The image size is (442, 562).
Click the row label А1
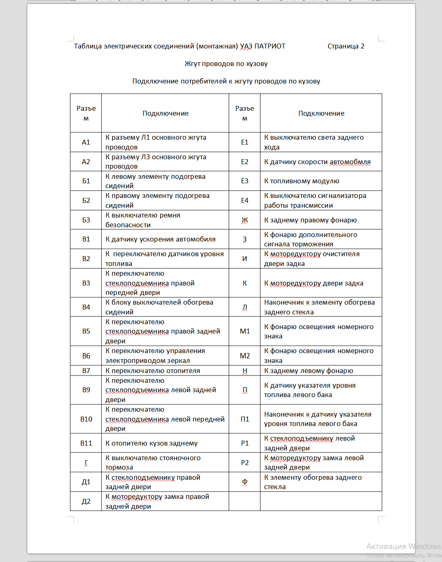[x=86, y=142]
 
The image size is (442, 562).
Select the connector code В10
[x=86, y=419]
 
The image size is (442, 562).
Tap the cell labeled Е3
[x=245, y=181]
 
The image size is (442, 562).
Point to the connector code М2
[x=245, y=356]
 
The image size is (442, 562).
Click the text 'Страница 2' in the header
[x=346, y=46]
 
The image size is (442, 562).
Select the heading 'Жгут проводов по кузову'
[x=226, y=64]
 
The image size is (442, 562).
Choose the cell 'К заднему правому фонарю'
[x=310, y=220]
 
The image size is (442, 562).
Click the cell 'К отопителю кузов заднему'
[x=151, y=443]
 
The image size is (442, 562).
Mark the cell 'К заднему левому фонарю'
[x=309, y=371]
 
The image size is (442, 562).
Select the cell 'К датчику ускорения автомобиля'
[x=160, y=239]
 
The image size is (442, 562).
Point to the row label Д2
[x=86, y=501]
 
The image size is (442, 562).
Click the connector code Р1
[x=245, y=443]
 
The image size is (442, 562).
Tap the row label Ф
[x=245, y=482]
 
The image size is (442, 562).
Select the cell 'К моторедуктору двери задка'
[x=313, y=283]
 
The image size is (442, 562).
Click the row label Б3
[x=86, y=220]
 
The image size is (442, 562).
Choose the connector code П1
[x=245, y=419]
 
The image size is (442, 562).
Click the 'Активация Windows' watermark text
[x=403, y=546]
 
